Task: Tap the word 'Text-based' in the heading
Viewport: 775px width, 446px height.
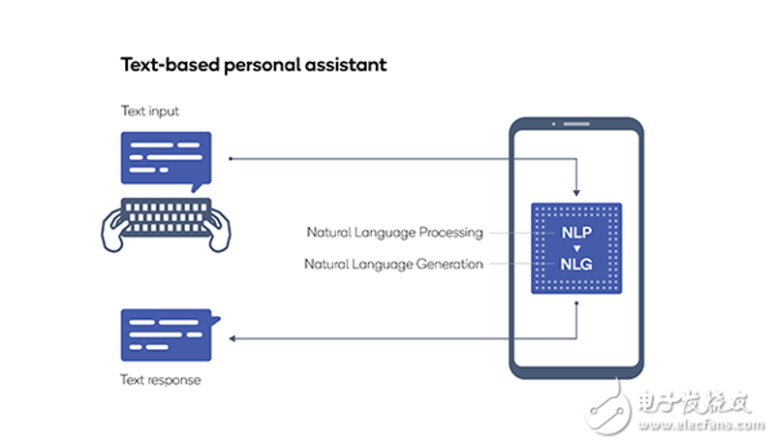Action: tap(170, 65)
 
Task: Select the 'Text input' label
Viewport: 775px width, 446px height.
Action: tap(150, 111)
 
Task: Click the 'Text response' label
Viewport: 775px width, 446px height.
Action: tap(161, 380)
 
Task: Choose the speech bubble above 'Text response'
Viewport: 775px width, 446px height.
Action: tap(168, 334)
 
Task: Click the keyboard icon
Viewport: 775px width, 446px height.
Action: tap(166, 217)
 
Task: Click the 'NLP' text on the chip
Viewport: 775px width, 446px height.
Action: tap(576, 233)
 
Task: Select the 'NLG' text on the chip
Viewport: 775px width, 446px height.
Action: tap(576, 265)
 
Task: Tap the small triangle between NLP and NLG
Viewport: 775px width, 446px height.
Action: tap(576, 248)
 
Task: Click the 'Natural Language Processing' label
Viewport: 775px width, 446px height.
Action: tap(394, 233)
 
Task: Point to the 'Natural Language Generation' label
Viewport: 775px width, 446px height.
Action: tap(393, 265)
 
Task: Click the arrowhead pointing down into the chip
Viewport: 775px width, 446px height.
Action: tap(576, 193)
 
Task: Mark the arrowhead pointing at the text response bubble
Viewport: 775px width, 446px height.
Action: tap(232, 338)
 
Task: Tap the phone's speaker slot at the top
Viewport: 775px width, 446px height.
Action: tap(576, 124)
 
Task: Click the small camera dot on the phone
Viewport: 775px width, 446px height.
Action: tap(553, 124)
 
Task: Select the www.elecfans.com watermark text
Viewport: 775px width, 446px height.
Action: tap(700, 425)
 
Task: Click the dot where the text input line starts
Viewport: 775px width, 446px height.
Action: tap(231, 159)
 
